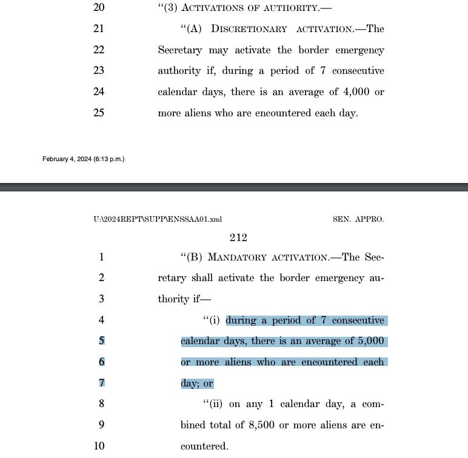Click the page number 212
click(x=238, y=238)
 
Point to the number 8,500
click(x=264, y=425)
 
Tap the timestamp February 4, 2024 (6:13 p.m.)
click(x=83, y=159)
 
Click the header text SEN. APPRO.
click(x=358, y=219)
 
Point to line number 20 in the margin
click(x=99, y=8)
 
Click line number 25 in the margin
click(x=99, y=113)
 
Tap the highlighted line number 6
click(x=101, y=362)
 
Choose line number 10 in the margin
click(x=99, y=446)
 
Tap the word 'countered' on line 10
click(x=204, y=446)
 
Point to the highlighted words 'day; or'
click(x=197, y=383)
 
